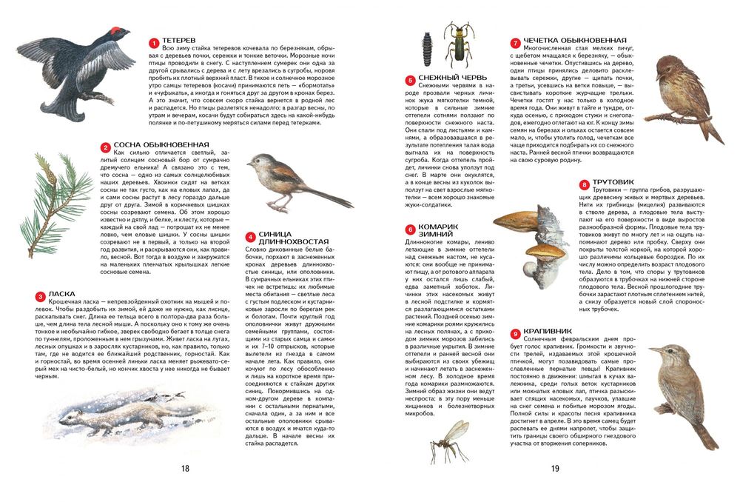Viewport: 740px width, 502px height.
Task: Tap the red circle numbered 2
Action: tap(106, 147)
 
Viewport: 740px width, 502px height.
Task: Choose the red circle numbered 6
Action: tap(409, 230)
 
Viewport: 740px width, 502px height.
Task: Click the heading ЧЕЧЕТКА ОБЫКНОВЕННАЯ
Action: tap(575, 41)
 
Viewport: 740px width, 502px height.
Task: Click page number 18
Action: tap(185, 468)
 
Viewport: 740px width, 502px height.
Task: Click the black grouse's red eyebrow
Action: tap(115, 30)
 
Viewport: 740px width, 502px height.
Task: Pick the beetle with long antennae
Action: tap(459, 45)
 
